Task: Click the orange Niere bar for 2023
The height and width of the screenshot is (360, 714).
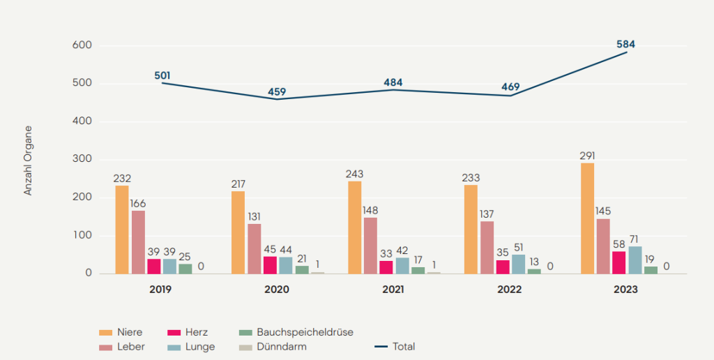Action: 588,218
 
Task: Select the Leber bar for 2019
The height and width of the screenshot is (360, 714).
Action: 138,242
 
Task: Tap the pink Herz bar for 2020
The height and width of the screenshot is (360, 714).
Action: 271,265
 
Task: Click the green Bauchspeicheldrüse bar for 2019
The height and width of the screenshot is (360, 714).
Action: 185,269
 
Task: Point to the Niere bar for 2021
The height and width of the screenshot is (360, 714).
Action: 354,227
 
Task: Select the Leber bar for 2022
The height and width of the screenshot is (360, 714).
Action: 487,248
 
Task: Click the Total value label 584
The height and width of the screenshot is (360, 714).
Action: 625,45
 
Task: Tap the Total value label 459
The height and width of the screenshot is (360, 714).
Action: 277,91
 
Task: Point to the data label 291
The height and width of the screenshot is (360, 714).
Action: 587,156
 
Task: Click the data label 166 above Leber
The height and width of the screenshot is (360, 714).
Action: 138,203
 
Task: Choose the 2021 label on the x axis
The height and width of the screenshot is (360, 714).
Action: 393,289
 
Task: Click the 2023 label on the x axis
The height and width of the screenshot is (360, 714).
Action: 626,289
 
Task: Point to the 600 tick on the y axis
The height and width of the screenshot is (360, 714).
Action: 82,45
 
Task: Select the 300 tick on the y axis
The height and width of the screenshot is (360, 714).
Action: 82,160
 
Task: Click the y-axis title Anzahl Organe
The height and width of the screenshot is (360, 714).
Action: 29,160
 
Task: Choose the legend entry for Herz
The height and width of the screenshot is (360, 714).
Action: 187,332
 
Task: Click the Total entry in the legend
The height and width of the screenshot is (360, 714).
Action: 395,346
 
